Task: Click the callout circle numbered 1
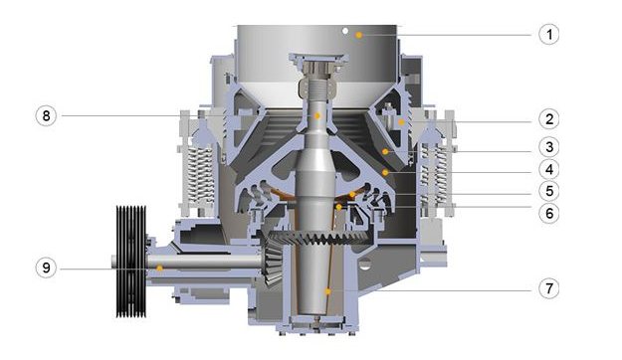(x=549, y=35)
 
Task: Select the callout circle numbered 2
(x=549, y=119)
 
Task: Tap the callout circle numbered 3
(x=549, y=147)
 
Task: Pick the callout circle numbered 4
(x=549, y=169)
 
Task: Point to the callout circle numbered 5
(x=549, y=191)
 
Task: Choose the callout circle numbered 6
(x=549, y=213)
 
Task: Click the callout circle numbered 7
(x=549, y=288)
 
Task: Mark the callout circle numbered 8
(x=46, y=115)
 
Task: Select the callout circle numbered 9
(x=46, y=268)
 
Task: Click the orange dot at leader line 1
(x=359, y=35)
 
